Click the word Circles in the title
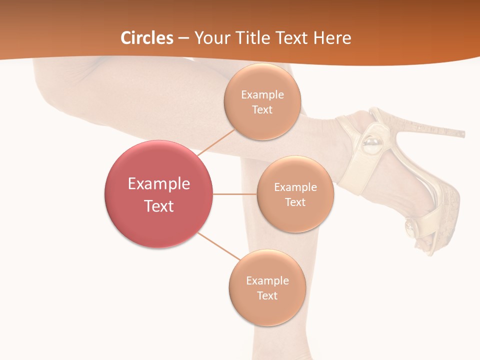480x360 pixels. pos(147,38)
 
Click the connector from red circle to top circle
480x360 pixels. pos(216,142)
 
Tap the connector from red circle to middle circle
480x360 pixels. pos(235,194)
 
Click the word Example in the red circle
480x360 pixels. pos(159,183)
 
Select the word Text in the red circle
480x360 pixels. pos(159,206)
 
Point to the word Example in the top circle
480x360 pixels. pos(262,94)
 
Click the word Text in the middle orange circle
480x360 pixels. pos(295,202)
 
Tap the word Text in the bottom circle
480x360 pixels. pos(267,295)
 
